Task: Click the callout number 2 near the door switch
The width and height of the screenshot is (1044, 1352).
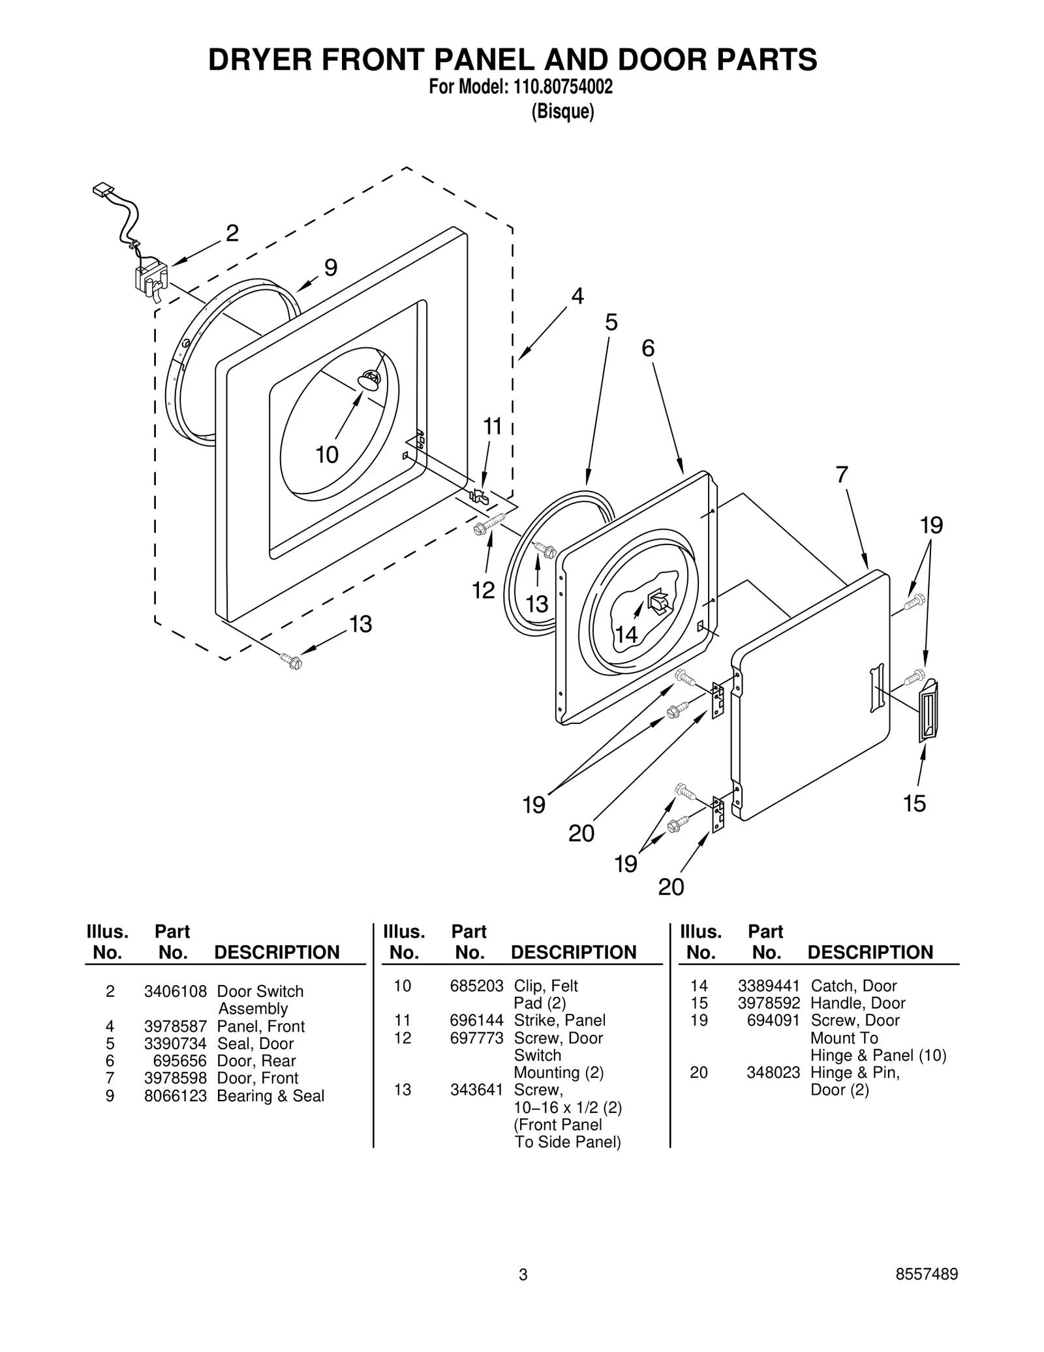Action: [x=232, y=233]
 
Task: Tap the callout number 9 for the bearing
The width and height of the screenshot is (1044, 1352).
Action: [x=331, y=268]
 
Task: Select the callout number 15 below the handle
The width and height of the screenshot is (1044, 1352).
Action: [x=914, y=804]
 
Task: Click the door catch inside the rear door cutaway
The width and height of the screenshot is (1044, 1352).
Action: [x=658, y=601]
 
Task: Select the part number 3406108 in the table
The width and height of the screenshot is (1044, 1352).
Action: [x=175, y=991]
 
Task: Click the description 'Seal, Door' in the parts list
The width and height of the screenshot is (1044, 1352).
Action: [x=255, y=1043]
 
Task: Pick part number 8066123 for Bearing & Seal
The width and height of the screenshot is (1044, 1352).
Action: [x=175, y=1095]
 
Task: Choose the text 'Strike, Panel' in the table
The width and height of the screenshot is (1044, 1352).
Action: [x=559, y=1020]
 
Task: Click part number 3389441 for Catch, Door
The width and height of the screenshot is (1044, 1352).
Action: [x=768, y=986]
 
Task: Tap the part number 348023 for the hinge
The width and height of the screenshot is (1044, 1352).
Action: [x=773, y=1072]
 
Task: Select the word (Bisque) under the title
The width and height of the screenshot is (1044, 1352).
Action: [x=562, y=112]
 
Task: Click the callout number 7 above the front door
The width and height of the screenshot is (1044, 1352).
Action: [x=842, y=475]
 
